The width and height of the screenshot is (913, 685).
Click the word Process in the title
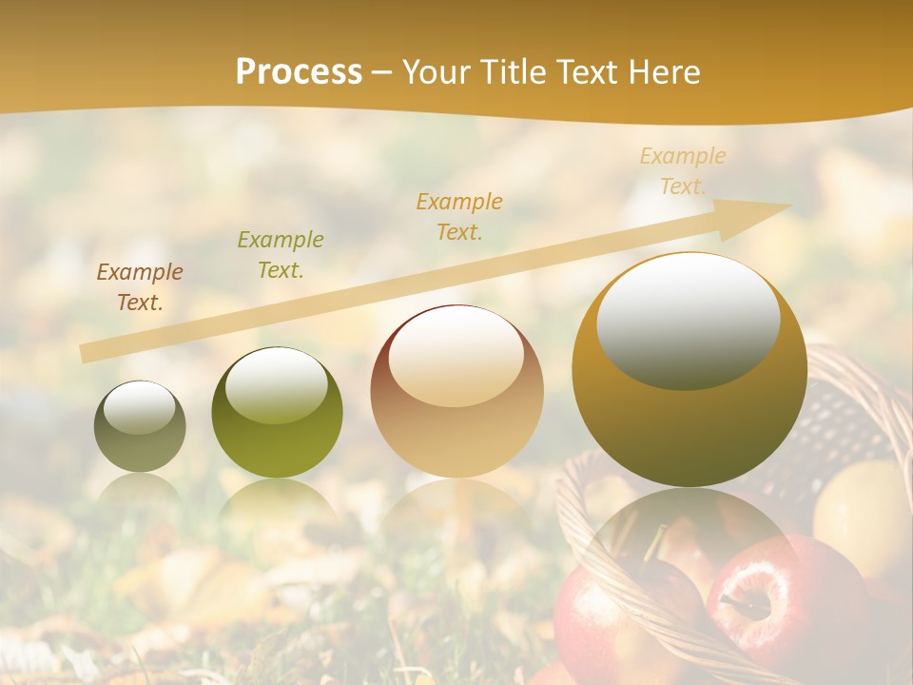[x=299, y=72]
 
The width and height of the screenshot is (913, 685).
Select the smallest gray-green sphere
[x=140, y=426]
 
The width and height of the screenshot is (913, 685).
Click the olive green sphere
[x=277, y=412]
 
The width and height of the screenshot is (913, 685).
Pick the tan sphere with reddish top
[x=456, y=391]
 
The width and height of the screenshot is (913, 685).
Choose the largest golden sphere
[x=690, y=369]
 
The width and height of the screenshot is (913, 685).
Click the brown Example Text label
[x=140, y=287]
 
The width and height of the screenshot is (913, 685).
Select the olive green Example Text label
[x=280, y=255]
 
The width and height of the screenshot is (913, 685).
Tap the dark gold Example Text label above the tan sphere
[x=459, y=216]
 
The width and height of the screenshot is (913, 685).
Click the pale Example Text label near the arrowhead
[x=683, y=171]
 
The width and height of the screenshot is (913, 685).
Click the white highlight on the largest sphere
[x=688, y=321]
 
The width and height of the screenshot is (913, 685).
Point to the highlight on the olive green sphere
[x=277, y=385]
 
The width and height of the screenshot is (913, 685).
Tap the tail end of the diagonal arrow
[x=87, y=353]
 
